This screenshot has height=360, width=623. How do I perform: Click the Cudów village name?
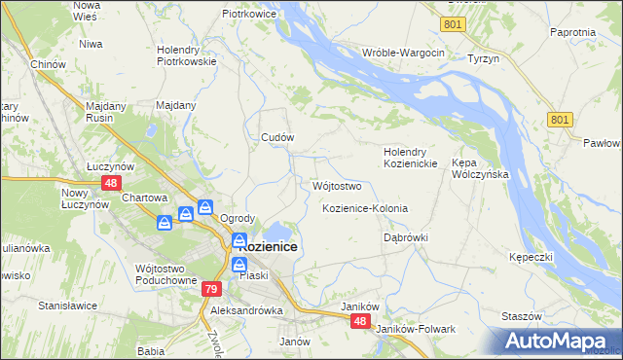pos(277,137)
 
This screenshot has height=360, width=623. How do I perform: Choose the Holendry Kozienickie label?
pos(408,158)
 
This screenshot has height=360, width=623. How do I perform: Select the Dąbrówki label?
pos(406,237)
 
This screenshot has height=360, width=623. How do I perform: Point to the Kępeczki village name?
pos(531,257)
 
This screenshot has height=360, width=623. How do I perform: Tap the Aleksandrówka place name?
pos(246,310)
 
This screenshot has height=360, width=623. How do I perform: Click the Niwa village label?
pos(92,44)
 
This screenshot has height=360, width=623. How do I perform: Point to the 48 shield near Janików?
pos(361,321)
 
